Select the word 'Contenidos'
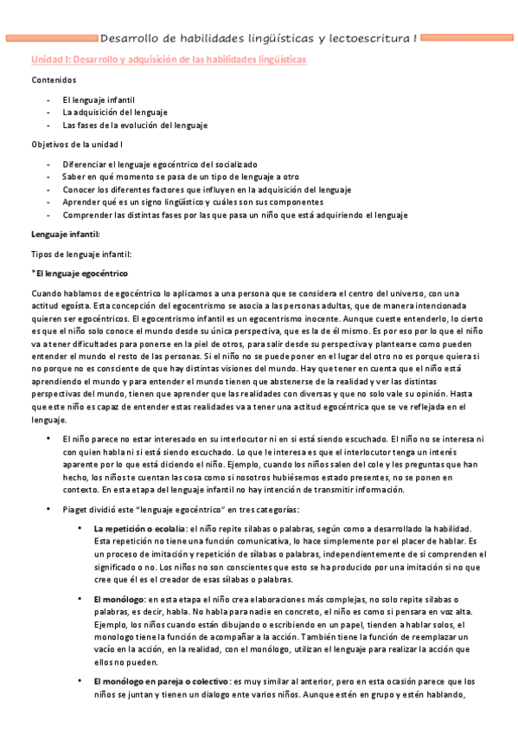click(54, 80)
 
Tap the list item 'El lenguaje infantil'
click(99, 100)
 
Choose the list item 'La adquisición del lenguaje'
click(115, 113)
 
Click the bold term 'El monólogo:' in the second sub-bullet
click(119, 599)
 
